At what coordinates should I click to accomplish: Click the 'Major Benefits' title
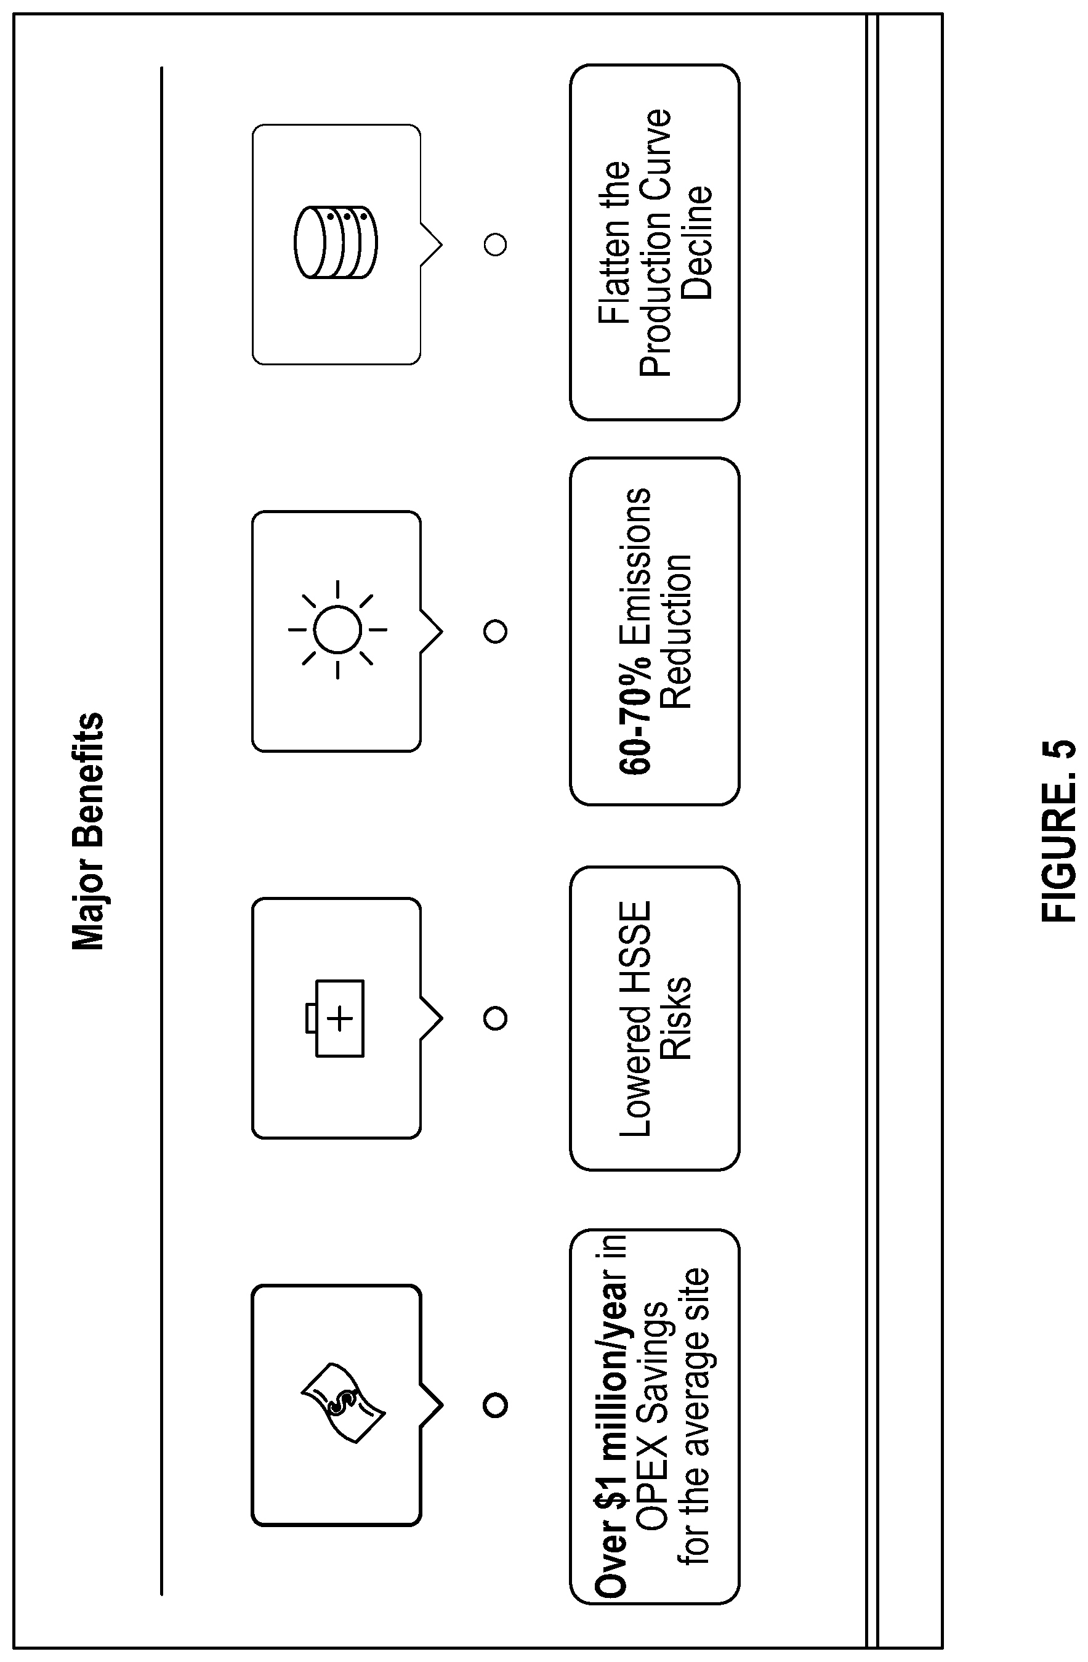88,831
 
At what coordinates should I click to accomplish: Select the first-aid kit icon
335,1018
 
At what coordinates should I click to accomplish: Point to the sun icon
337,629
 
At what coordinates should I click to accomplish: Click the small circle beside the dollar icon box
496,1405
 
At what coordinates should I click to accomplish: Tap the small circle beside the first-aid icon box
496,1018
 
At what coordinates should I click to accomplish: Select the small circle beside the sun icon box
496,631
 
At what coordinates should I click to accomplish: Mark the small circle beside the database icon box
496,245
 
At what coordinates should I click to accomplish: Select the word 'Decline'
696,242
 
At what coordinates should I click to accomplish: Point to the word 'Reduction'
675,631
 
